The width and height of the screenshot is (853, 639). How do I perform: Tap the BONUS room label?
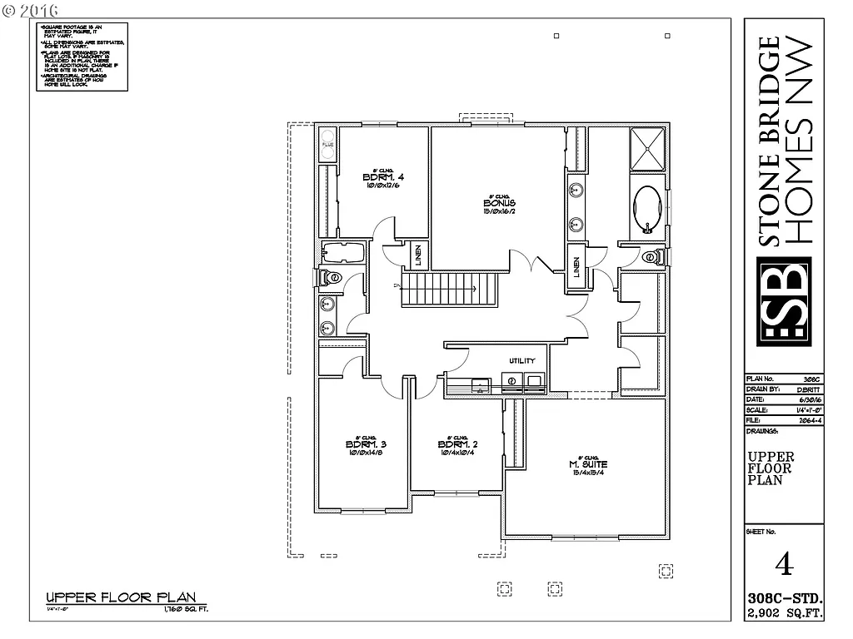[x=499, y=203]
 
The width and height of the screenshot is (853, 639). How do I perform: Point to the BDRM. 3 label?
[x=365, y=444]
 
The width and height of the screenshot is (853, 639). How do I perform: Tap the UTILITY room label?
[x=521, y=360]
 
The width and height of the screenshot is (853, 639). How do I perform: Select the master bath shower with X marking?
[x=646, y=149]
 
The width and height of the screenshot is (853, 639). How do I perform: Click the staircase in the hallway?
[x=448, y=290]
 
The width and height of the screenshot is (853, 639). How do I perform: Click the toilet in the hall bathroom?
[x=331, y=277]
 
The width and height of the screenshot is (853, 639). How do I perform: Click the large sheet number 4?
[x=783, y=564]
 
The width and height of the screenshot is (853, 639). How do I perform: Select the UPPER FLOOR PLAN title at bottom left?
[x=121, y=597]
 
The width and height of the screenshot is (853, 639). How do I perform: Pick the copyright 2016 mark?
[x=31, y=10]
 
